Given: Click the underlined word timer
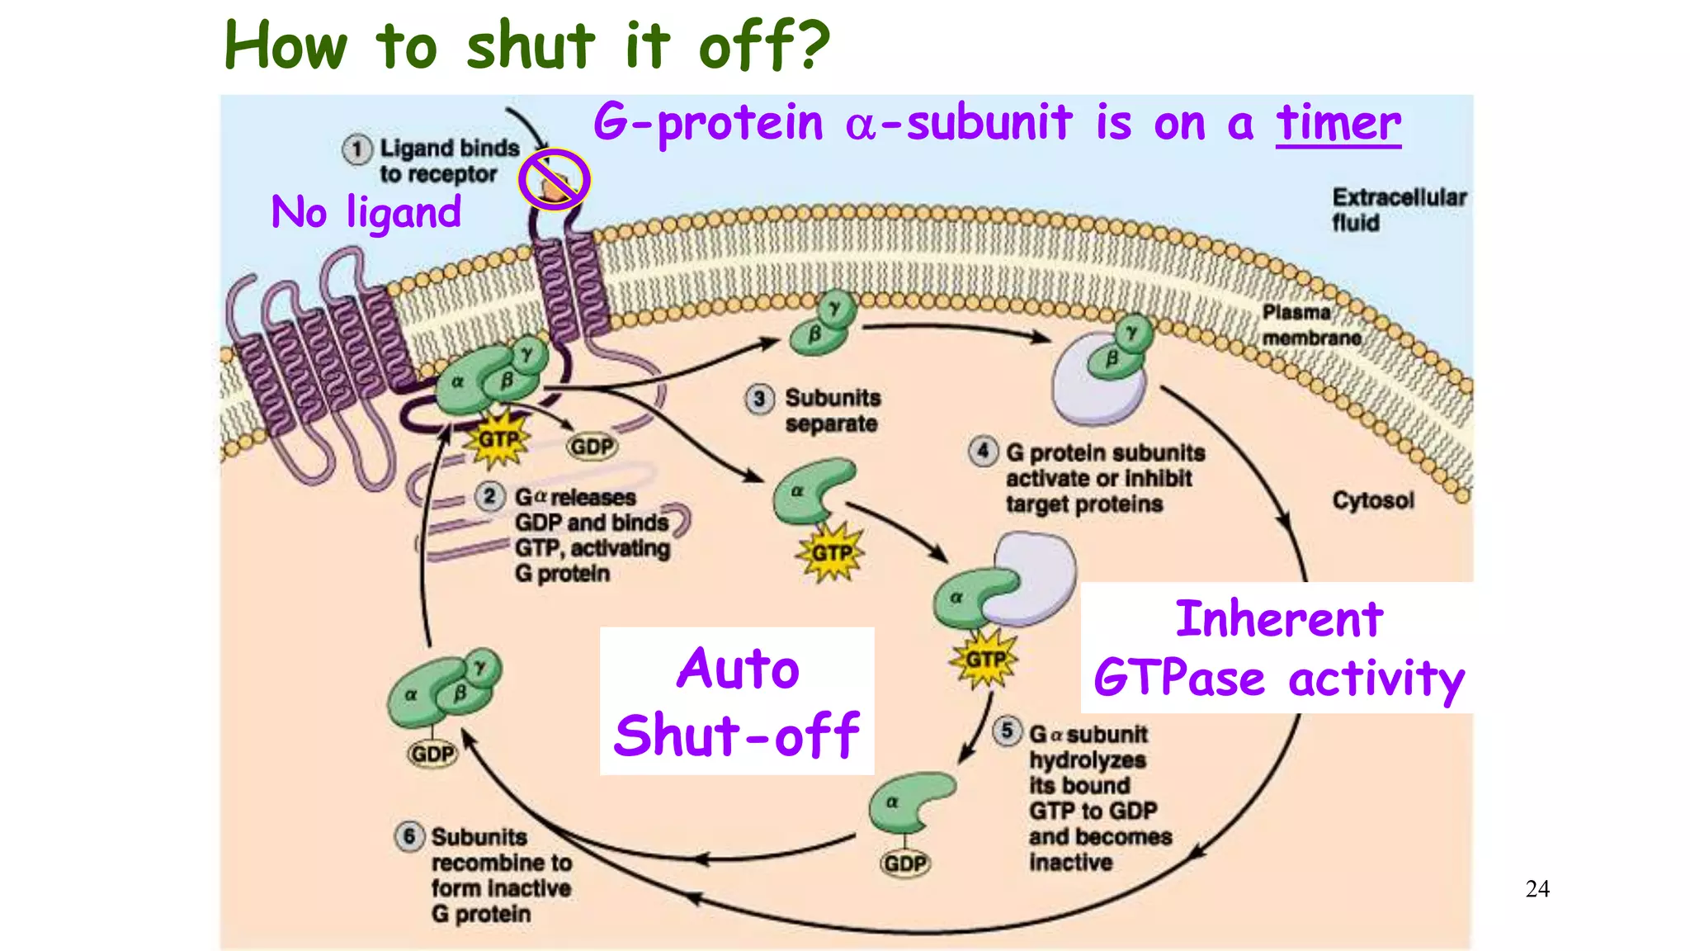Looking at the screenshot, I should [1338, 124].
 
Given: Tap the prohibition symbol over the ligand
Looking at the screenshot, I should [554, 180].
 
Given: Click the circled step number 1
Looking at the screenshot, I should [356, 149].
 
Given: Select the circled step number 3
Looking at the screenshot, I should [759, 399].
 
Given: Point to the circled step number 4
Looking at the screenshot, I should [982, 452].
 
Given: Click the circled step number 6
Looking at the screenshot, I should [409, 836].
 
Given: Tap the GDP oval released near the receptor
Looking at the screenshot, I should [592, 447].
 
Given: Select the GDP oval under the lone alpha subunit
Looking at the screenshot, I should [904, 863].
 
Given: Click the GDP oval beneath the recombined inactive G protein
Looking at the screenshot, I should [432, 754].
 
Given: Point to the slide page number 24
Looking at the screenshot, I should [1537, 889].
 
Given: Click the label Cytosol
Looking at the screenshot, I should [1372, 500].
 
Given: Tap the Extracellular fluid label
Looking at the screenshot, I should [1398, 210].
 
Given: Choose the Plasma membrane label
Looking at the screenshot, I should [1310, 325].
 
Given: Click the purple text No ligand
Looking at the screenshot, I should [366, 212].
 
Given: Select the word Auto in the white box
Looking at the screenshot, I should [738, 669].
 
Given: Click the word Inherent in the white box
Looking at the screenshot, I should [1278, 619].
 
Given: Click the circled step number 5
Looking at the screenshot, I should [1007, 731].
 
